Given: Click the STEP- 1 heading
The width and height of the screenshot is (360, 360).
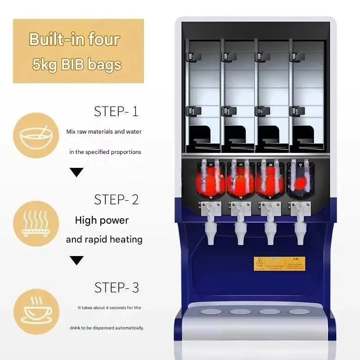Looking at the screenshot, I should point(116,111).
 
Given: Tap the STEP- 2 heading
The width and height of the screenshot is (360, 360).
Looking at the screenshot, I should point(116,199).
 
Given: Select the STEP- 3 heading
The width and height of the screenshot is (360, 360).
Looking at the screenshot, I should point(116,287).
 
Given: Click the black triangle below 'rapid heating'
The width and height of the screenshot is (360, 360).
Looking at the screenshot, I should point(78,260).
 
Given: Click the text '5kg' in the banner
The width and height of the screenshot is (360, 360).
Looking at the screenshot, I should point(44,64).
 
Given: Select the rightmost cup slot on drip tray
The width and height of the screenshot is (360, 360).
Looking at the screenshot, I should point(299,311).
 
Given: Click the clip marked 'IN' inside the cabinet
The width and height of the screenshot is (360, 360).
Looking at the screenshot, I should point(260,110).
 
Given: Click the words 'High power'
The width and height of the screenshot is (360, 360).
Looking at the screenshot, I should point(102,220).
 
